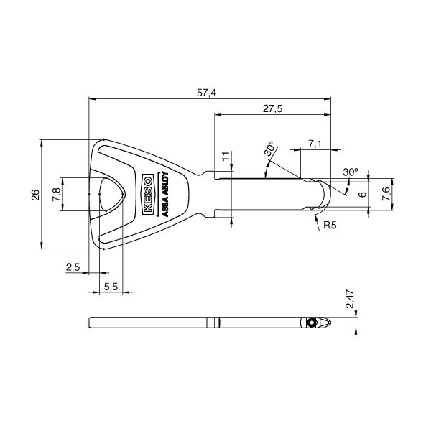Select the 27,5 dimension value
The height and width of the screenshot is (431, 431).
click(x=272, y=108)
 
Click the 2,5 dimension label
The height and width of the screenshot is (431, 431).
click(x=73, y=267)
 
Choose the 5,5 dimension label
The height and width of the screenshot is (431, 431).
click(x=111, y=286)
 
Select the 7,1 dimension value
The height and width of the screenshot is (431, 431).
click(x=315, y=144)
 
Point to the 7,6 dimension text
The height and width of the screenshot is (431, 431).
click(x=386, y=193)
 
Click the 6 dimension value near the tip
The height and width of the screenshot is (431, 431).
click(x=363, y=194)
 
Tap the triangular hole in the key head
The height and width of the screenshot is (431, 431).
click(x=112, y=194)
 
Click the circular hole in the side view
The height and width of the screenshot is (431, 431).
click(x=311, y=323)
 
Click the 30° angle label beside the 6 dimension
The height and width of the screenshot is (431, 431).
click(x=350, y=172)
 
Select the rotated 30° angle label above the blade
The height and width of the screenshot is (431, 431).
click(x=270, y=150)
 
